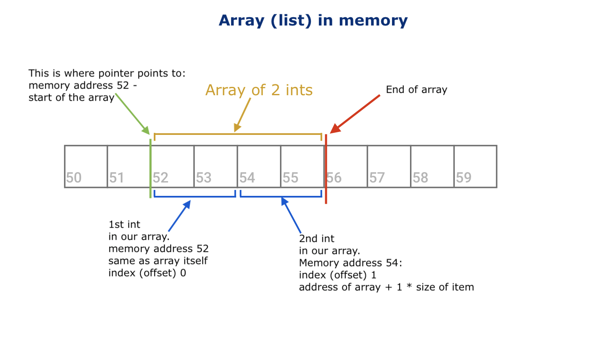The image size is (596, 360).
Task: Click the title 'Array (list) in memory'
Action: [313, 20]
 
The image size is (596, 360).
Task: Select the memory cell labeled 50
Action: [86, 166]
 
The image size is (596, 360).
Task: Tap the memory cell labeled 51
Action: [129, 166]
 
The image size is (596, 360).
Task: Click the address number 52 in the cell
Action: [160, 178]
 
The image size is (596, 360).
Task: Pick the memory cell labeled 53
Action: [216, 166]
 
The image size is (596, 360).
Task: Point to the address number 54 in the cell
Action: [247, 178]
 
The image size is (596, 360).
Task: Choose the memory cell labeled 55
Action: [302, 166]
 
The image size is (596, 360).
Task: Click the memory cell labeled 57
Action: [389, 166]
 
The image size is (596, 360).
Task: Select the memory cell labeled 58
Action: [432, 166]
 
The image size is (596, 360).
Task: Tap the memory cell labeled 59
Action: [475, 166]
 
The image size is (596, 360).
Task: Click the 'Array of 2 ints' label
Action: [259, 90]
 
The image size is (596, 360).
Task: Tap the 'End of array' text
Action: [416, 90]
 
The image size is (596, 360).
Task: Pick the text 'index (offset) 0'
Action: [147, 273]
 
